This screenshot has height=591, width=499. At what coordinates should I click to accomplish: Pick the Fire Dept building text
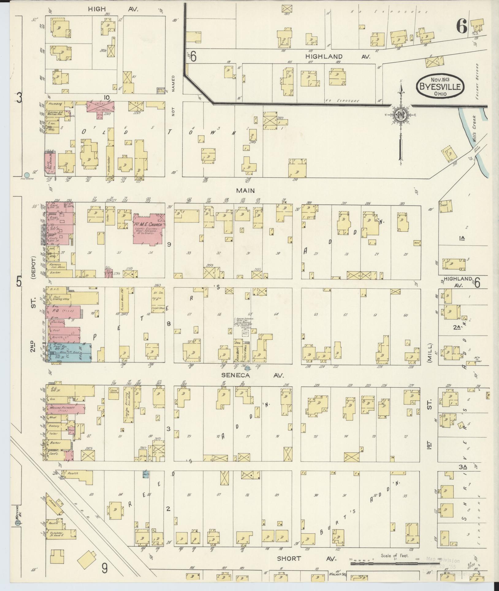(x=237, y=351)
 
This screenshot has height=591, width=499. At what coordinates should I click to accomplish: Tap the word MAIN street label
(x=245, y=190)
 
